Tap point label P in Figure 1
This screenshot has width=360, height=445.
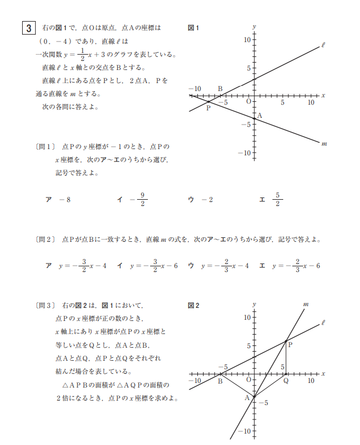coord(208,108)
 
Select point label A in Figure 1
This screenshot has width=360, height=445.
coord(259,116)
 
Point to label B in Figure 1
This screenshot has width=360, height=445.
coord(220,89)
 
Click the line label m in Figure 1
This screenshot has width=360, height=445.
coord(324,143)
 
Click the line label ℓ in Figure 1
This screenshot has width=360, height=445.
coord(323,44)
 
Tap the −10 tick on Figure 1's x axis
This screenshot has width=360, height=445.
coord(195,89)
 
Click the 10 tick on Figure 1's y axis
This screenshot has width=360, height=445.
coord(247,39)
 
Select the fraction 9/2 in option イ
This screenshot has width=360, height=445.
coord(142,200)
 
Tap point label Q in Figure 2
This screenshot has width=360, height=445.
coord(286,381)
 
